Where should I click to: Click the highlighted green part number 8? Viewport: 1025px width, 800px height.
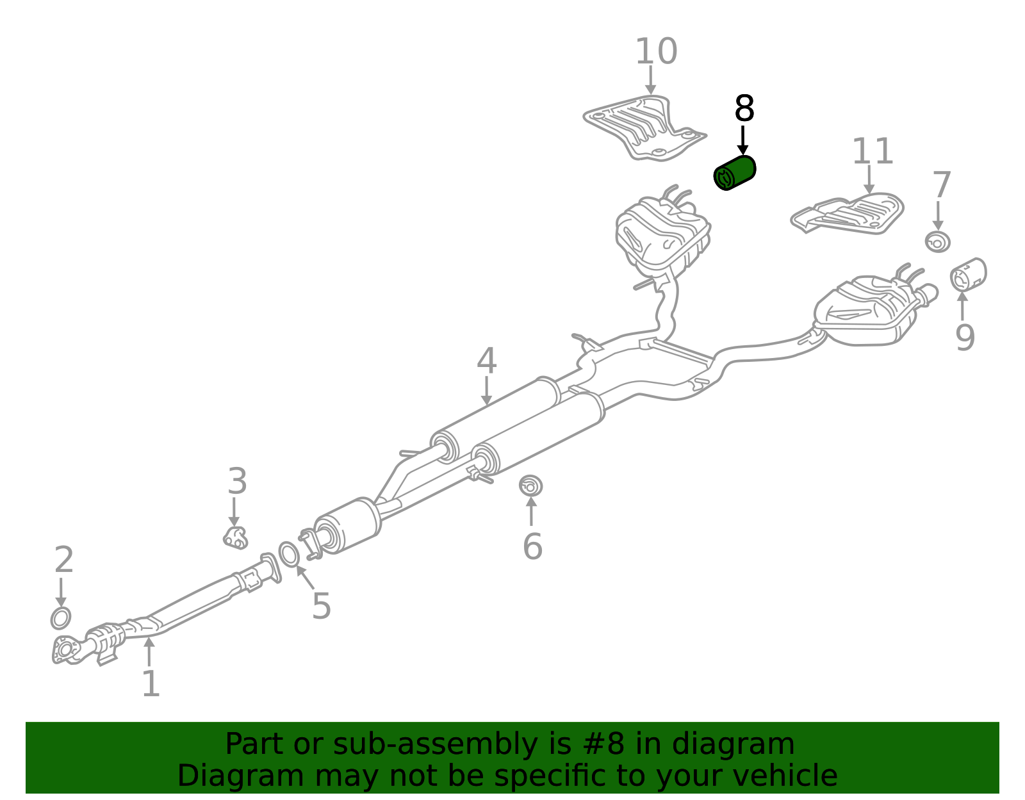pos(734,173)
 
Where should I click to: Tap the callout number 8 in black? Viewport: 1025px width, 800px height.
pos(744,108)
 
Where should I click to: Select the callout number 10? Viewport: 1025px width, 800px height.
pos(656,51)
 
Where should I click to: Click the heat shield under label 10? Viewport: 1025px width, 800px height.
pos(645,127)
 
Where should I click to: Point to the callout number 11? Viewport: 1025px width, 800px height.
pos(872,151)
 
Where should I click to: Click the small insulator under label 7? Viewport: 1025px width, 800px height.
pos(937,242)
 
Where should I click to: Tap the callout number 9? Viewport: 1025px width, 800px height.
pos(965,338)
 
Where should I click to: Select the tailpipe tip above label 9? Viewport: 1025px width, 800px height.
pos(968,275)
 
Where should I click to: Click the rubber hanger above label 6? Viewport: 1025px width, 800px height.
pos(530,486)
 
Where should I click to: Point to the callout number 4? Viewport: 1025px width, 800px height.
pos(486,361)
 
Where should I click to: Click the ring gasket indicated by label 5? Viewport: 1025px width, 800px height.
pos(289,554)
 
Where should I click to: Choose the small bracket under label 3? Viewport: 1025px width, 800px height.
pos(235,538)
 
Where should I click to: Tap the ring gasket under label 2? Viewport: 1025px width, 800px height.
pos(61,618)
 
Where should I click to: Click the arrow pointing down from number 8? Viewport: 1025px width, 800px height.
pos(743,140)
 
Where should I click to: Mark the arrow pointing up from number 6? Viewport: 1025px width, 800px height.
pos(531,510)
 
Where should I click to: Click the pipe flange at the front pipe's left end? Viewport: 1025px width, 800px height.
pos(65,649)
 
